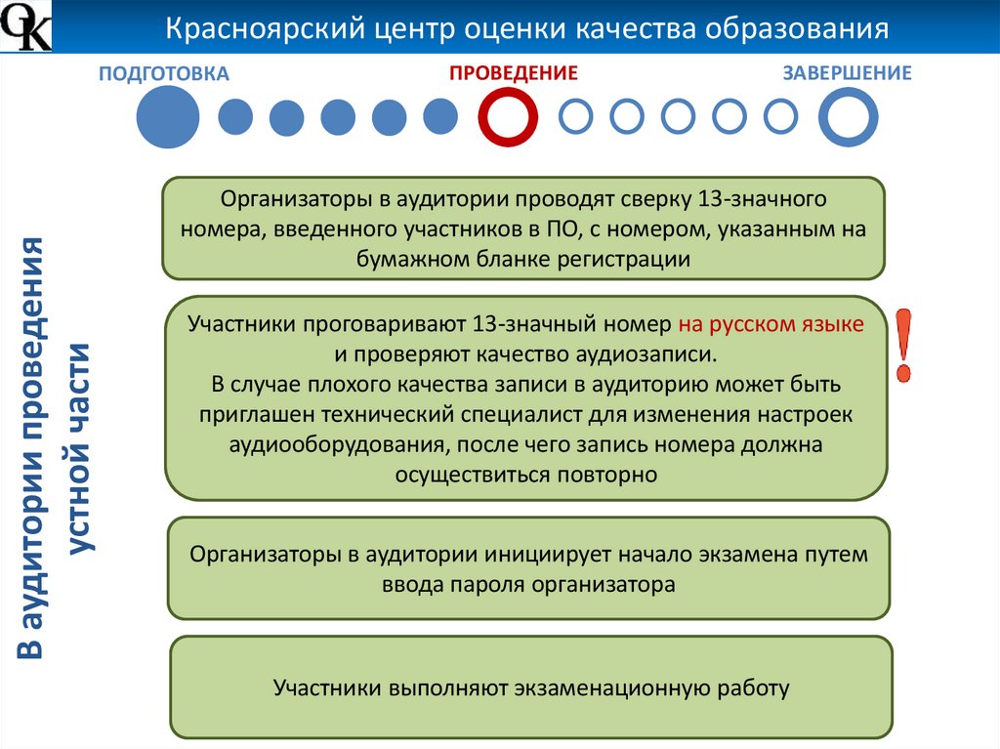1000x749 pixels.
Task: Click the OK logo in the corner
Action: point(25,27)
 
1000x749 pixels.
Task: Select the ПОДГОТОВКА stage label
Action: point(164,74)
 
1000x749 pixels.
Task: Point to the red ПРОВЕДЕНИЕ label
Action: point(514,73)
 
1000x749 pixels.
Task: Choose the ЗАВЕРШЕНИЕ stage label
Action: point(848,73)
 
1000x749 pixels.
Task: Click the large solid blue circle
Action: point(167,117)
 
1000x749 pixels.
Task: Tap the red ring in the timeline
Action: point(508,117)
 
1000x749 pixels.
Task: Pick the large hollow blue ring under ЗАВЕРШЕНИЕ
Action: point(848,117)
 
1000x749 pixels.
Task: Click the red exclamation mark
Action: point(907,346)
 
